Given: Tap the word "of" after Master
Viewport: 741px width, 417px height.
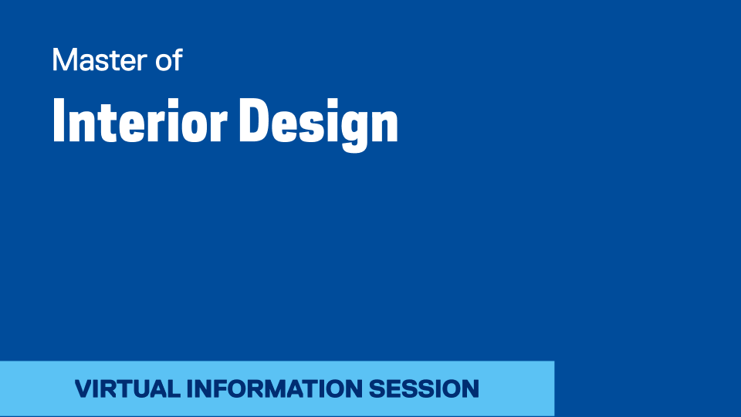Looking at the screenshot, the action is tap(169, 59).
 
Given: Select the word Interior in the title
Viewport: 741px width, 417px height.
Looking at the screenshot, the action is tap(140, 120).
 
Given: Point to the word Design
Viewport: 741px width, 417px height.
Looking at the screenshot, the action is tap(319, 124).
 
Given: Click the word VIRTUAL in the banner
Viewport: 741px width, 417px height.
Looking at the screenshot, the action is tap(127, 388).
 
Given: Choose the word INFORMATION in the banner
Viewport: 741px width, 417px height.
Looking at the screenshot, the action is tap(275, 388).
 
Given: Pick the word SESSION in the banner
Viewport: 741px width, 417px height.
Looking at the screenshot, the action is tap(424, 388).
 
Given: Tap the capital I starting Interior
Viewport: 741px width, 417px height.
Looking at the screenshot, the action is tap(59, 120).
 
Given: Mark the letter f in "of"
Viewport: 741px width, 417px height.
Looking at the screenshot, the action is tap(178, 59).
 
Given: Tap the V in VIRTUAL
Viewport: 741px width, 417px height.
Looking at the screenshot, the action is tap(85, 388).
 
